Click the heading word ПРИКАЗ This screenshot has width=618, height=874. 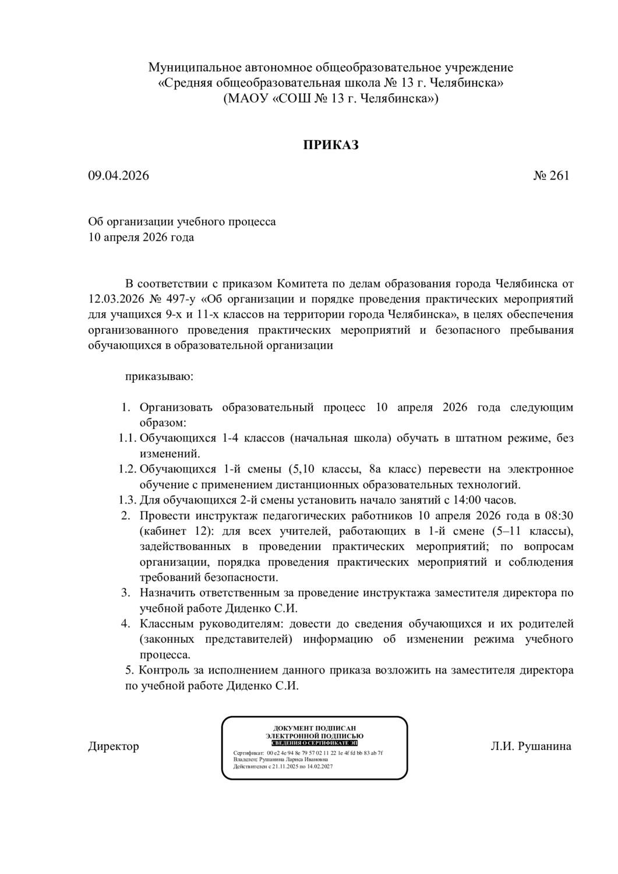tap(330, 145)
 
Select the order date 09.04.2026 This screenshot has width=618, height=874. tap(118, 175)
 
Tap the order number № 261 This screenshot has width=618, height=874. tap(551, 175)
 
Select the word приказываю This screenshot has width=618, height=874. tap(160, 376)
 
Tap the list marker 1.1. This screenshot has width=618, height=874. tap(128, 438)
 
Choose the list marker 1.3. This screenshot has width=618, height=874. tap(128, 500)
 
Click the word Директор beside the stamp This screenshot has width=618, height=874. tap(114, 746)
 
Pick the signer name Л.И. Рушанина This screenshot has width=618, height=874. tap(531, 746)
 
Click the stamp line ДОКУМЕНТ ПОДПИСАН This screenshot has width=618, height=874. tap(315, 728)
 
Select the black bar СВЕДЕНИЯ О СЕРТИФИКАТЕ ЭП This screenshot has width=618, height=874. tap(315, 743)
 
